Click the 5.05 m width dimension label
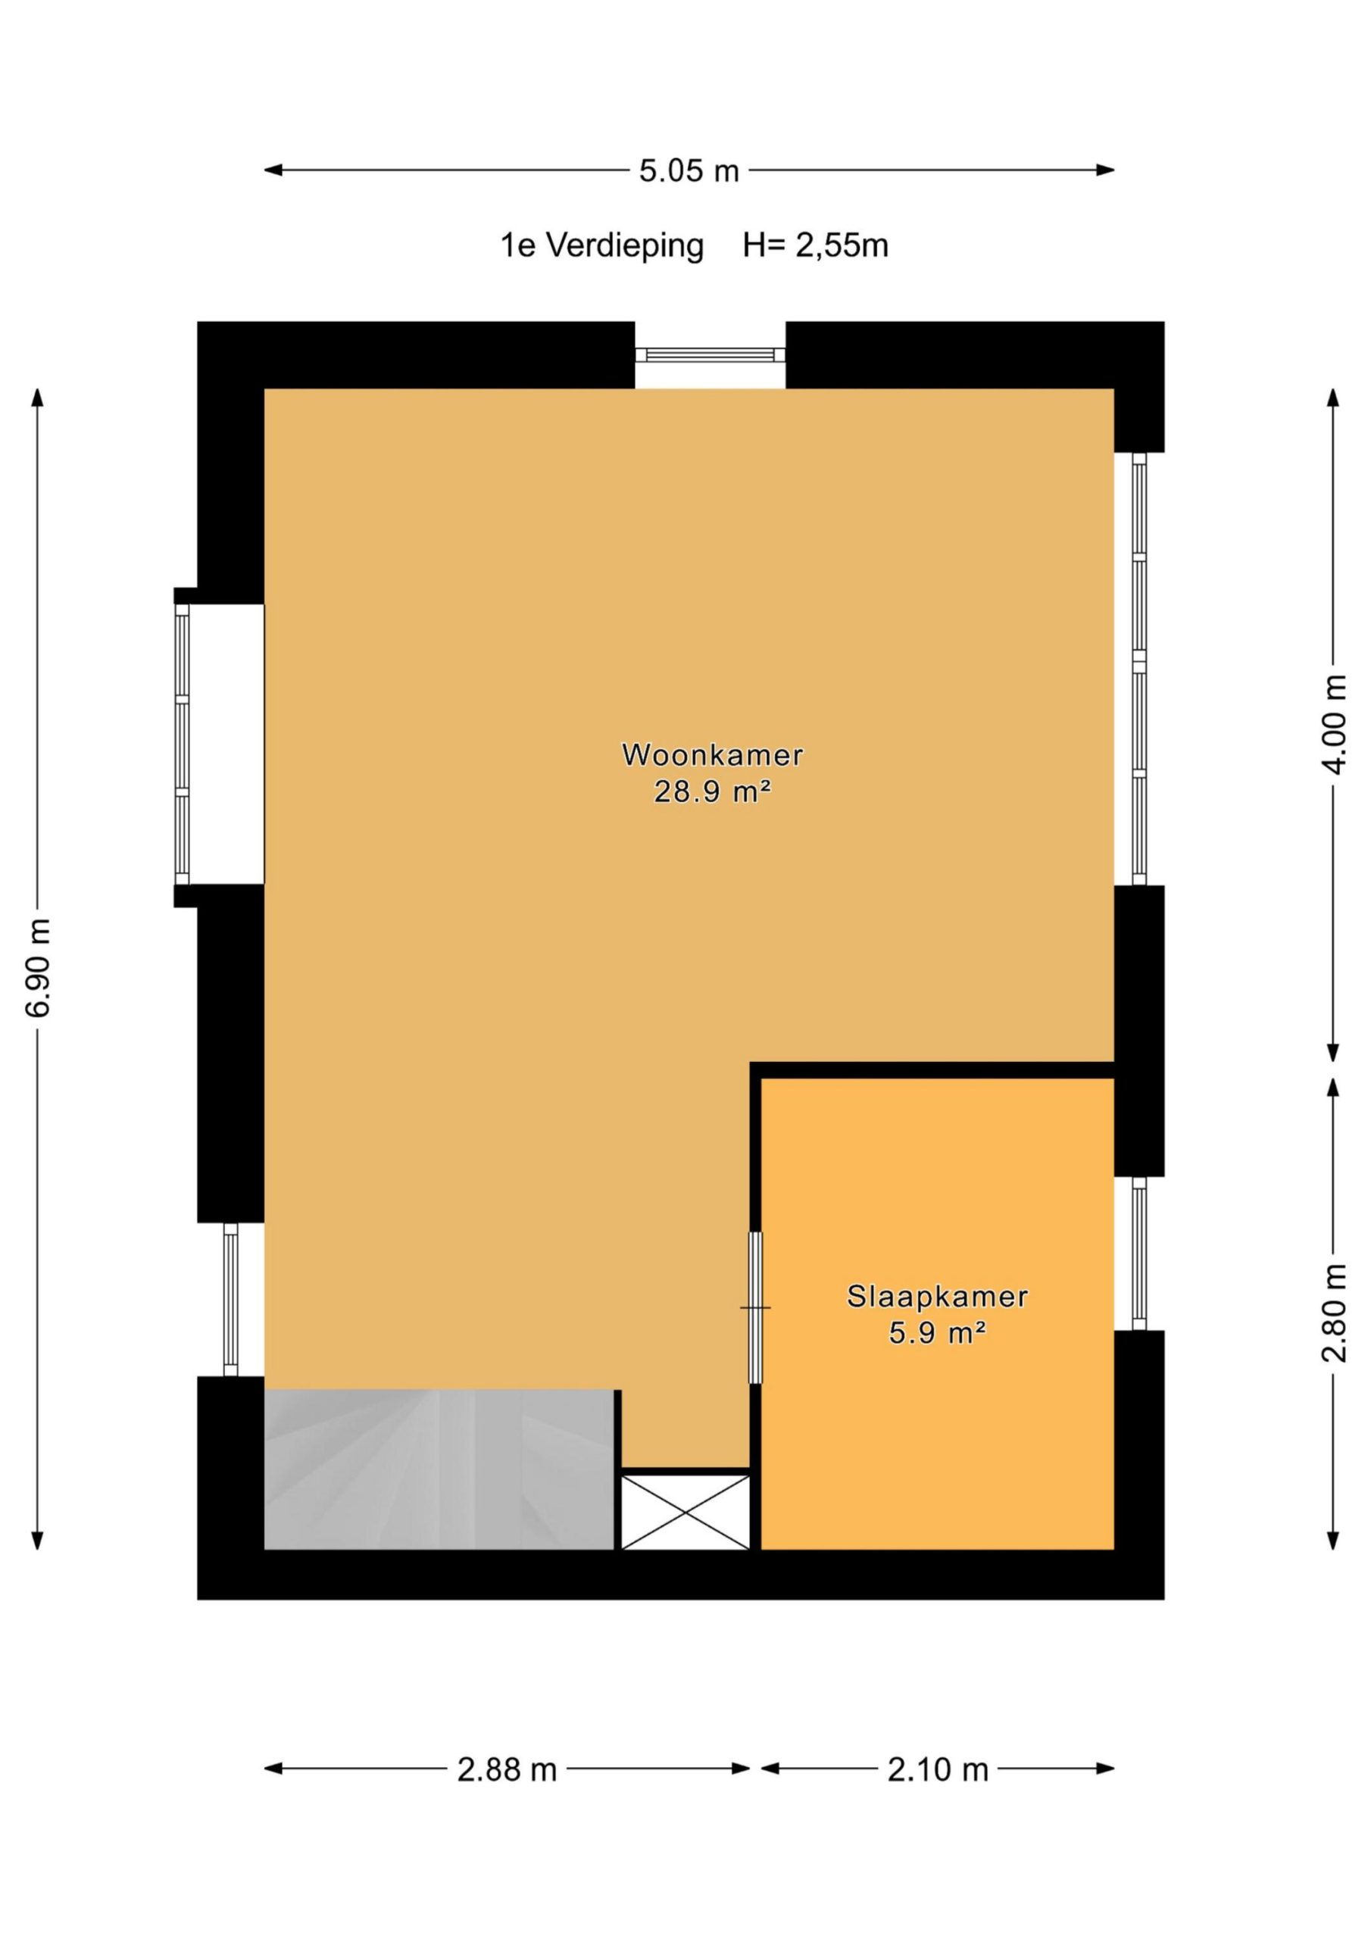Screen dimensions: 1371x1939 (689, 171)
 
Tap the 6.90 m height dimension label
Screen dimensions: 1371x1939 (39, 967)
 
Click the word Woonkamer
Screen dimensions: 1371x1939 (712, 754)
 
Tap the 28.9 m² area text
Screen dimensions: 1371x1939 (712, 792)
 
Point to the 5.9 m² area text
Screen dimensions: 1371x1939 (938, 1334)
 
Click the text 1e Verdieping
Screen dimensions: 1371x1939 (601, 245)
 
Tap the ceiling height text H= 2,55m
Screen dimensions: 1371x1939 (815, 245)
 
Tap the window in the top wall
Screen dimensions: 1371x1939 (710, 354)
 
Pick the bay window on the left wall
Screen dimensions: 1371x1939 (183, 746)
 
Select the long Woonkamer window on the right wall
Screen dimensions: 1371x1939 (1139, 669)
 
